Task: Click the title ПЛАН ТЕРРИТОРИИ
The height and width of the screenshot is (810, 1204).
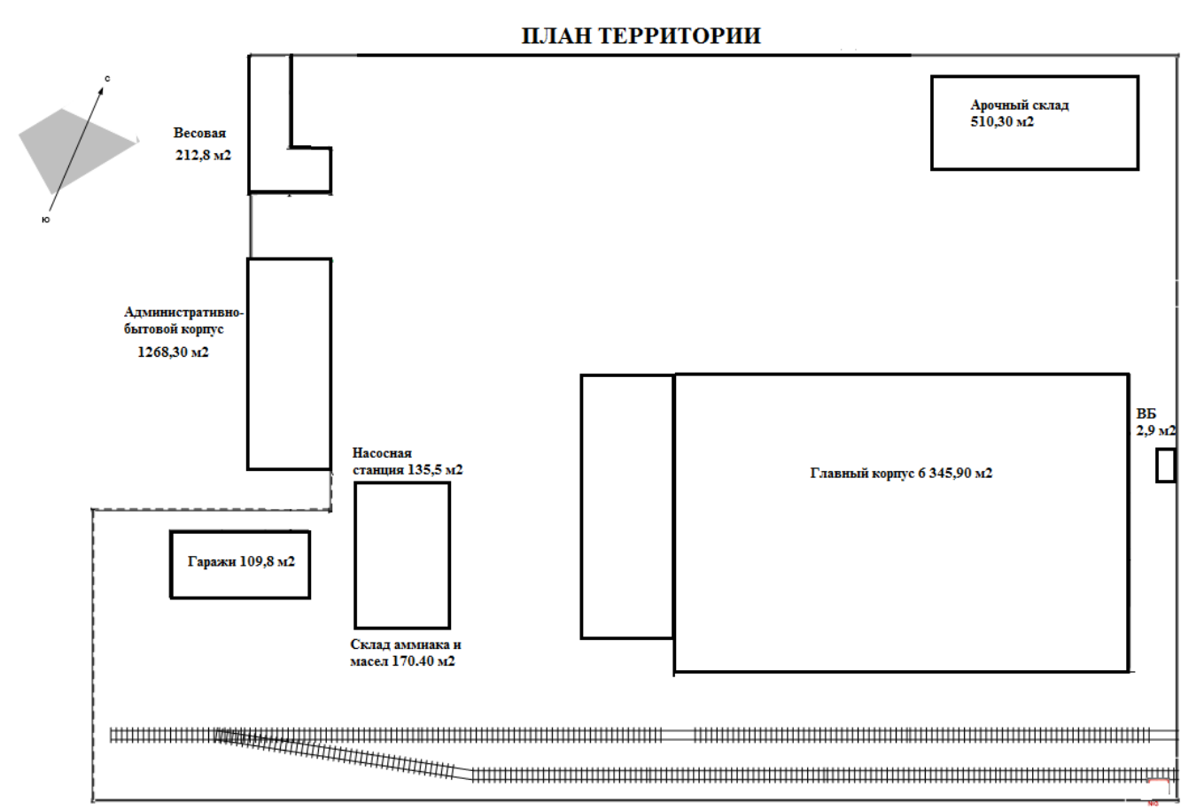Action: [x=641, y=36]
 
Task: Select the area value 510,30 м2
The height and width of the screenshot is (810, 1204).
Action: [x=1002, y=122]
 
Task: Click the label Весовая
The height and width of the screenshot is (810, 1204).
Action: [x=199, y=134]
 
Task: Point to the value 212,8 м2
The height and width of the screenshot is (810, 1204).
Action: [x=203, y=155]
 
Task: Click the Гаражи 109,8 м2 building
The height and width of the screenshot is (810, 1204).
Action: [x=240, y=563]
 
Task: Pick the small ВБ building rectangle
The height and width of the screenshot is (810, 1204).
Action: [x=1165, y=466]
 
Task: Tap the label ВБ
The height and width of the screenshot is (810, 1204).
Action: [x=1146, y=414]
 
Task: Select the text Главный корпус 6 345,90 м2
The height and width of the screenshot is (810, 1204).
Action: [x=901, y=474]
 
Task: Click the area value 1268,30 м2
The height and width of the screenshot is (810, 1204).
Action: [x=173, y=352]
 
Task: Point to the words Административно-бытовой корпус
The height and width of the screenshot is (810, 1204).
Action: [x=183, y=320]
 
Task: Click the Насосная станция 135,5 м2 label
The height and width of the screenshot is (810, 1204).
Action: [x=407, y=461]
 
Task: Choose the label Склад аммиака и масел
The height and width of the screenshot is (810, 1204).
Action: [x=405, y=653]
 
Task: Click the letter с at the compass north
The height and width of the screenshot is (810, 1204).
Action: [x=107, y=79]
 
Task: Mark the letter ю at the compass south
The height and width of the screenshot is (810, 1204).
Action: [x=46, y=219]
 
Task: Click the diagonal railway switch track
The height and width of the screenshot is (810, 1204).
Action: [x=346, y=753]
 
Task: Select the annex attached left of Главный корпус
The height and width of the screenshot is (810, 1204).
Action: [x=627, y=506]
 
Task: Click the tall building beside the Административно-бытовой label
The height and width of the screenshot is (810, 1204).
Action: [x=289, y=364]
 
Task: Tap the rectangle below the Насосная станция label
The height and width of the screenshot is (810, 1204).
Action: [x=401, y=555]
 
